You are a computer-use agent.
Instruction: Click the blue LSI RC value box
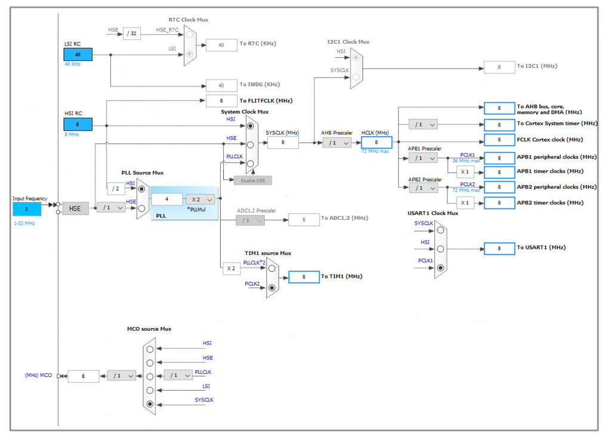coord(78,54)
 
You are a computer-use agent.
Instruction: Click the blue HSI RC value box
coord(78,124)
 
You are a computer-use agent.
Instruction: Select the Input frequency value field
coord(27,209)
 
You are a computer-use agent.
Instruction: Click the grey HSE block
coord(75,208)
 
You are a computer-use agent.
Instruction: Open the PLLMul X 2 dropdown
coord(200,199)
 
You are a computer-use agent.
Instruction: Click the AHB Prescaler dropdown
coord(337,142)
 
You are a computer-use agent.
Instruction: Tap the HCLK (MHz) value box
coord(376,142)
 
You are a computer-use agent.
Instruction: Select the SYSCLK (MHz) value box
coord(283,142)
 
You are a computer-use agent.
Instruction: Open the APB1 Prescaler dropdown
coord(423,158)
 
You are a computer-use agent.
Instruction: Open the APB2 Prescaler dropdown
coord(423,188)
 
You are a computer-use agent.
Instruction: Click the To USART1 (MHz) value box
coord(499,248)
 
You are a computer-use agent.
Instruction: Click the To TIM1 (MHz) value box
coord(304,277)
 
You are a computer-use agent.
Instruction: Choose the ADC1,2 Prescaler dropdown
coord(251,220)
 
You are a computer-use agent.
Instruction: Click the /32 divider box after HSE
coord(132,33)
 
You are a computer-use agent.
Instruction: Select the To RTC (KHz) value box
coord(221,44)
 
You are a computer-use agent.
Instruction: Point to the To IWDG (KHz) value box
coord(221,85)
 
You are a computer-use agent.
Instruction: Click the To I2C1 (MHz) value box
coord(499,67)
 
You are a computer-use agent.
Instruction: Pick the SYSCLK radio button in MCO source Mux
coord(150,404)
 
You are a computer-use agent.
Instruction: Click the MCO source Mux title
coord(149,329)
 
